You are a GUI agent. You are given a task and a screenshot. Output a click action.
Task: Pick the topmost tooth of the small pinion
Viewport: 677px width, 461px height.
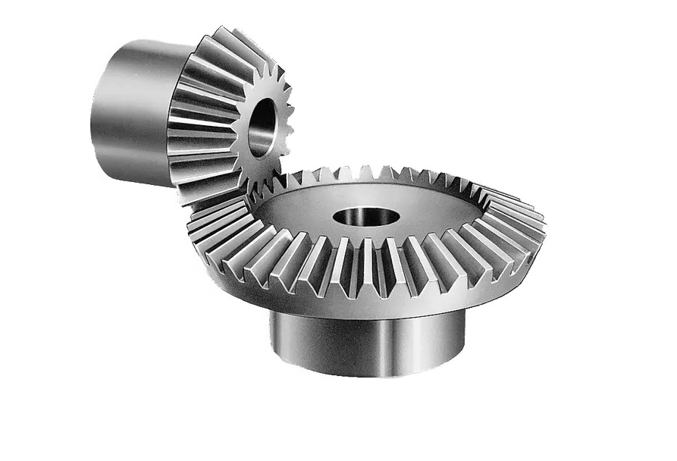pyautogui.click(x=227, y=36)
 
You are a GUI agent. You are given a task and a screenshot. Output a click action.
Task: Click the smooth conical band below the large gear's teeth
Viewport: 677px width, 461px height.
pyautogui.click(x=455, y=296)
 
